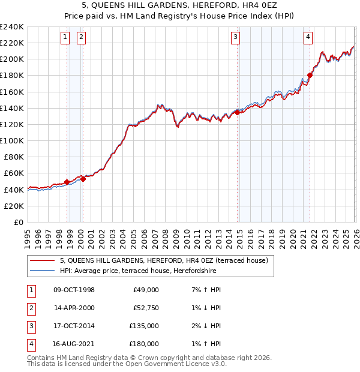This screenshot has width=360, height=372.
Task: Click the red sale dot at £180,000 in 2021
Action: (x=310, y=75)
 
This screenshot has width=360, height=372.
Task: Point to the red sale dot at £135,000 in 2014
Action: (x=238, y=112)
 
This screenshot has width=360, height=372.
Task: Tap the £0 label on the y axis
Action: (x=18, y=222)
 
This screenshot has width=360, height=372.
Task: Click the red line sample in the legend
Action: (x=42, y=261)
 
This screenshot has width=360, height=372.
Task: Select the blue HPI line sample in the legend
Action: (x=42, y=271)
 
